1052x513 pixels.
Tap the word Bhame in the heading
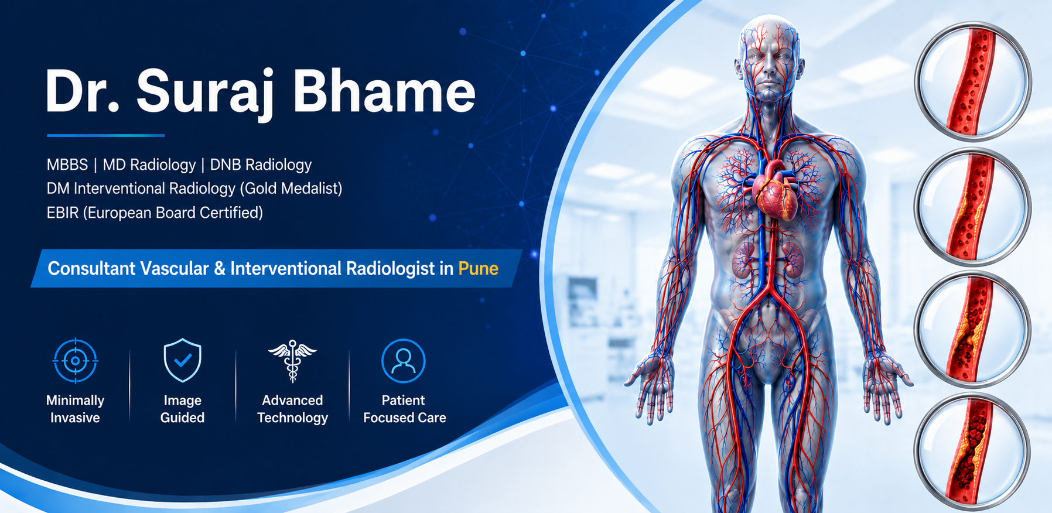pyautogui.click(x=384, y=90)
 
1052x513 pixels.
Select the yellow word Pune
pyautogui.click(x=478, y=268)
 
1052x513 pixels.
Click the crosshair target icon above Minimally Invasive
pyautogui.click(x=76, y=361)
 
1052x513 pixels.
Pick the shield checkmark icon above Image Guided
pyautogui.click(x=183, y=360)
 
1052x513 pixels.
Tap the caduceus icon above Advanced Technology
pyautogui.click(x=292, y=360)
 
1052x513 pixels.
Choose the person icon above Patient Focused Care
pyautogui.click(x=403, y=361)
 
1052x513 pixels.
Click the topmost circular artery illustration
pyautogui.click(x=973, y=82)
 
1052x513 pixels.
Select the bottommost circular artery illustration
pyautogui.click(x=972, y=452)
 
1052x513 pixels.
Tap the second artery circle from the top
pyautogui.click(x=973, y=207)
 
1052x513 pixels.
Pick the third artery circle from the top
pyautogui.click(x=972, y=329)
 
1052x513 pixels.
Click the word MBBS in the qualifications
pyautogui.click(x=67, y=165)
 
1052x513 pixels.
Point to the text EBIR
pyautogui.click(x=63, y=213)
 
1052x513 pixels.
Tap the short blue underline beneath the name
pyautogui.click(x=106, y=135)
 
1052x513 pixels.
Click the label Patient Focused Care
pyautogui.click(x=404, y=409)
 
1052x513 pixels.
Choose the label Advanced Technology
pyautogui.click(x=292, y=409)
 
